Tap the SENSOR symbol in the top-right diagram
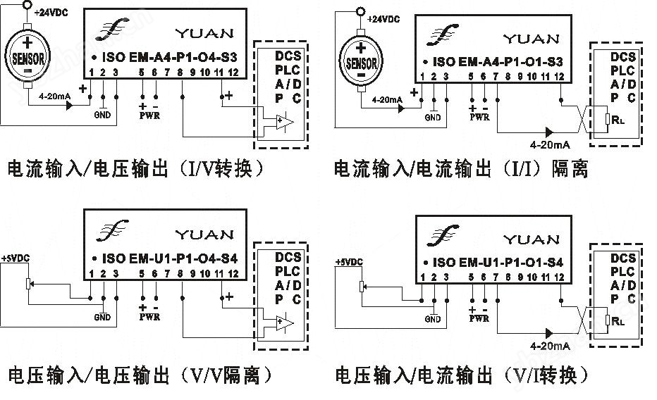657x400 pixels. click(x=362, y=63)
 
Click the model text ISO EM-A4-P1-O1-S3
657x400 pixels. click(x=498, y=61)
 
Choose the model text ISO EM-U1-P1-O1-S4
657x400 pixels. click(x=498, y=263)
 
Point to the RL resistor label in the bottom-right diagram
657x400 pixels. click(x=618, y=320)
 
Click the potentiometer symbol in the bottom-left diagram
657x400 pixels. click(x=28, y=283)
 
